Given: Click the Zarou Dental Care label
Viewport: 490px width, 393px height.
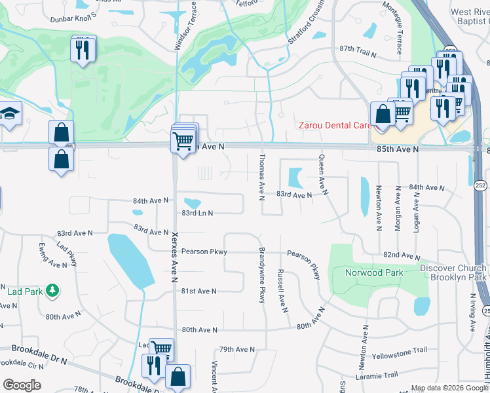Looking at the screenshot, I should point(335,125).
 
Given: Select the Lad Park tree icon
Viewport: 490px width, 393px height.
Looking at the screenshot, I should point(52,289).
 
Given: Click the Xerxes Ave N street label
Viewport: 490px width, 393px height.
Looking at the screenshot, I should point(175,258).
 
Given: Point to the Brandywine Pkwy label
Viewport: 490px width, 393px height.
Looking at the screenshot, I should point(262,276).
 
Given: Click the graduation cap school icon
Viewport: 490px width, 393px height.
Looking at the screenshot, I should point(10,115).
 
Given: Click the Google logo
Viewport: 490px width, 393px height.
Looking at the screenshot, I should point(22,385).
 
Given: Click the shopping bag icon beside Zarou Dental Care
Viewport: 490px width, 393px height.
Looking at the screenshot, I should point(383,113).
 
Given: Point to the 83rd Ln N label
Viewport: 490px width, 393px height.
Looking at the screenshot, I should point(197,213).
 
